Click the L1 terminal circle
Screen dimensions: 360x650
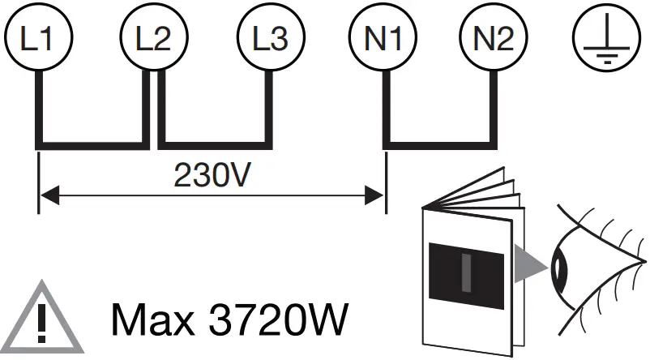click(37, 38)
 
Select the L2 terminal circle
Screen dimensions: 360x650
click(151, 38)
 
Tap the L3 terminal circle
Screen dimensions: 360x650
click(267, 38)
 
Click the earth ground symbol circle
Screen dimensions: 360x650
click(601, 38)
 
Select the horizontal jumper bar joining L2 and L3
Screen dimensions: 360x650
click(212, 144)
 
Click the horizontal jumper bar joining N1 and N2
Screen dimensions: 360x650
click(438, 144)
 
